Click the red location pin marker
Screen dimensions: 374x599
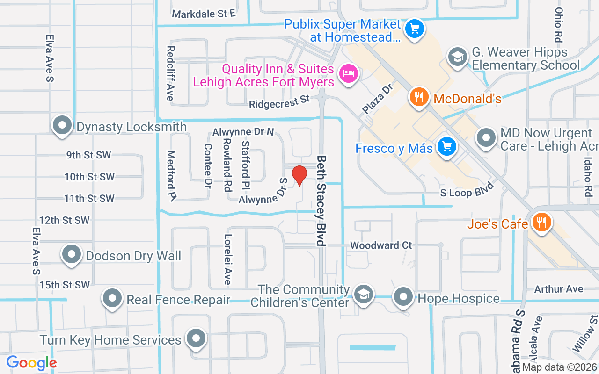coord(299,176)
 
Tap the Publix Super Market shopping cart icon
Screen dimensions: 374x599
coord(414,29)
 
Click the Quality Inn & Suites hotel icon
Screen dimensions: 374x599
coord(349,73)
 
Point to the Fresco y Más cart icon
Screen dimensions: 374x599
coord(446,147)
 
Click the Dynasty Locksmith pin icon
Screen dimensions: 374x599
coord(62,125)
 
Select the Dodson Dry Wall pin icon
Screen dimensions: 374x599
coord(72,255)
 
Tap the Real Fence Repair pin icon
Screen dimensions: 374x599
coord(112,298)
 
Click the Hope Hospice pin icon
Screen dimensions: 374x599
coord(403,297)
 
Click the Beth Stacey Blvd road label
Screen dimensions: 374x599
coord(321,201)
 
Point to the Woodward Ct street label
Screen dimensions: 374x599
coord(381,245)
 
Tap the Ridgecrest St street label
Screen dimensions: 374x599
coord(279,102)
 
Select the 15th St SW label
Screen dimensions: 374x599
coord(65,285)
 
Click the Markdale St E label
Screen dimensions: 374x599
coord(204,14)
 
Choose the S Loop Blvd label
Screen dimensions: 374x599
coord(467,190)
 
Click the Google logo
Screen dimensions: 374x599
coord(31,362)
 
